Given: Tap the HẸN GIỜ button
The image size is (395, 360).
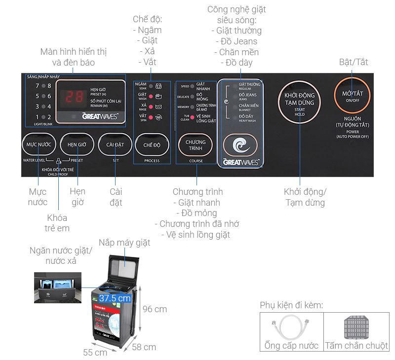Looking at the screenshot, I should coord(77,145).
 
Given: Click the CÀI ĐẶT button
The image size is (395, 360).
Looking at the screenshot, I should coord(115,145).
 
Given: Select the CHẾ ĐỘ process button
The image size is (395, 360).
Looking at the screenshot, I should coord(152,145).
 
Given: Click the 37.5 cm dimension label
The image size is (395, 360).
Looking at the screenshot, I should coord(115,298).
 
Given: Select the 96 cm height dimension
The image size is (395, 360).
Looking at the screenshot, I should coord(155,309).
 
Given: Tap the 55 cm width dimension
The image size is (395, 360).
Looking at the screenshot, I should coord(95,353).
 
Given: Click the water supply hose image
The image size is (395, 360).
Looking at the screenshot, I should coord(291,326).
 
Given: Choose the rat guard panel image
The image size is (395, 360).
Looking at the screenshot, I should coord(356,326).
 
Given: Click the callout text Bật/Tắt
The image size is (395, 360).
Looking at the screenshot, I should coord(353,62).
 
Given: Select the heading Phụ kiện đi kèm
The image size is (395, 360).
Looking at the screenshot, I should coord(291,305).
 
